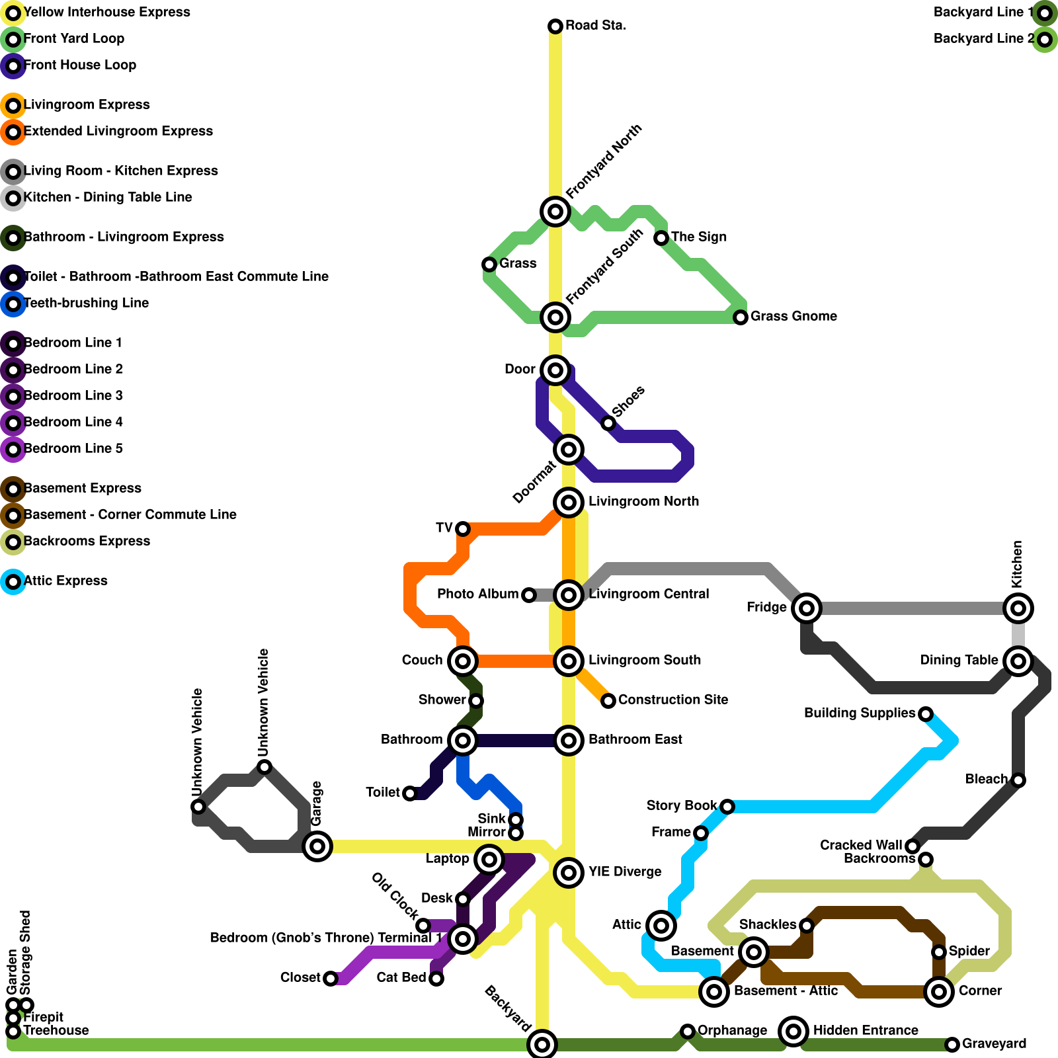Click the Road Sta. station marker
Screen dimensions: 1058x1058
[555, 26]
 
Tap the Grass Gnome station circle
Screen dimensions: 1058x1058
[741, 317]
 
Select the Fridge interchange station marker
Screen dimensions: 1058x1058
[807, 608]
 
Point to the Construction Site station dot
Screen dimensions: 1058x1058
[608, 700]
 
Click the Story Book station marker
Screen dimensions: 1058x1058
[727, 806]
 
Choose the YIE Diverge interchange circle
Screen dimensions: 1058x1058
[569, 872]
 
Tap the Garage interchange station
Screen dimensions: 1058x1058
[317, 846]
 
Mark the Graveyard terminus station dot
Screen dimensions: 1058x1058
[952, 1044]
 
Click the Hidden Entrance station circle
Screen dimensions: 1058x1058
[793, 1030]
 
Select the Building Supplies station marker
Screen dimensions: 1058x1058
[926, 713]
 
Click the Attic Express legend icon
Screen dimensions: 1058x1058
[13, 582]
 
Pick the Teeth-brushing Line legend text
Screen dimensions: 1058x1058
[86, 304]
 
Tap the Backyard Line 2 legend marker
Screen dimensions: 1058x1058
[1045, 39]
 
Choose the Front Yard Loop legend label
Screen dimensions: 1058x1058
[74, 39]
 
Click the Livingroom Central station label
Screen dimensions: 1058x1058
[649, 594]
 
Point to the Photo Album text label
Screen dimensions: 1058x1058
[477, 594]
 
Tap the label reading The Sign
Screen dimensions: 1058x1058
[699, 237]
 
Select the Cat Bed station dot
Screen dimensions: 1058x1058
[436, 978]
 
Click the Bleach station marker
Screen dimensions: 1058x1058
[1018, 780]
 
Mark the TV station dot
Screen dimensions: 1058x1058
[463, 528]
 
